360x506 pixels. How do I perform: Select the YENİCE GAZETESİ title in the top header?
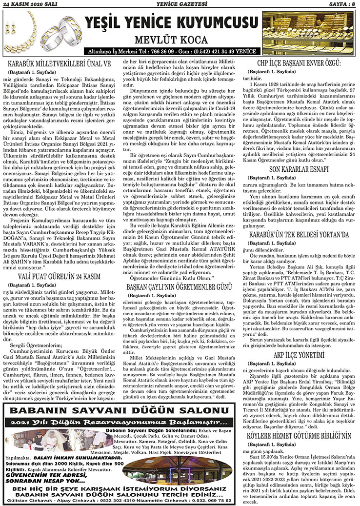point(179,4)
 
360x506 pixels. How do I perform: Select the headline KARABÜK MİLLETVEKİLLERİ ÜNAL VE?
point(59,63)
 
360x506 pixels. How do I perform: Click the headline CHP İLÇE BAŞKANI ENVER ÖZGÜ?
point(299,63)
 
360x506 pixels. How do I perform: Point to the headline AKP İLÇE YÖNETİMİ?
point(299,356)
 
